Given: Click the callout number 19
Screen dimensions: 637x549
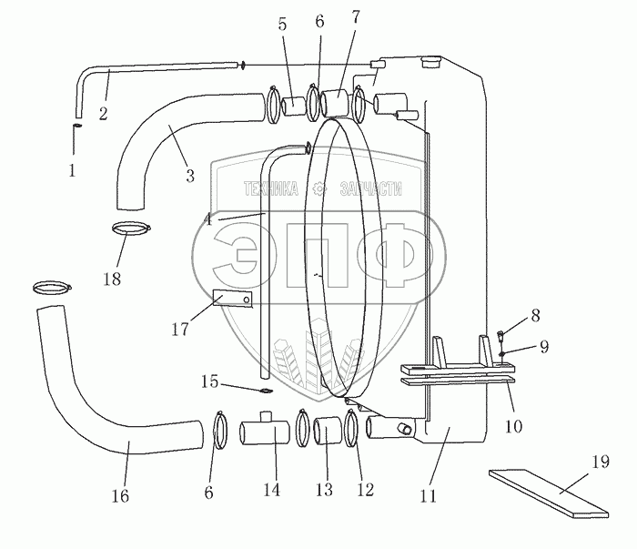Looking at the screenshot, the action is click(x=601, y=462).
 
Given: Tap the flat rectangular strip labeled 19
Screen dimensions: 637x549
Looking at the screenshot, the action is click(x=549, y=493).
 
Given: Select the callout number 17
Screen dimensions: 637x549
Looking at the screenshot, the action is click(x=180, y=329).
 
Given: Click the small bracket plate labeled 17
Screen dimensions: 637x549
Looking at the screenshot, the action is click(x=233, y=299).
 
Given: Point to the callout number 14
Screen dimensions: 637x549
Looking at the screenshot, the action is click(x=271, y=489).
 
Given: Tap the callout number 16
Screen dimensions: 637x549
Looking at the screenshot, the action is click(x=120, y=496).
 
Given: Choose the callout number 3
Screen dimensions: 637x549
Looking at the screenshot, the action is click(x=190, y=176).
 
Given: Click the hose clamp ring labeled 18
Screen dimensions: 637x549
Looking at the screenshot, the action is click(x=131, y=228).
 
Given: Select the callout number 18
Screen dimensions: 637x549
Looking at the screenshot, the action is click(x=112, y=279).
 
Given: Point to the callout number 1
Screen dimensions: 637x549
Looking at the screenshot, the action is click(x=72, y=170).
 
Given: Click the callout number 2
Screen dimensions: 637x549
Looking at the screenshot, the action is click(x=103, y=114).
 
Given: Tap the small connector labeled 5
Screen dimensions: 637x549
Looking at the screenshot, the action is click(x=294, y=107).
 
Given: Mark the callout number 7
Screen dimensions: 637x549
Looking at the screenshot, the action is click(x=356, y=17).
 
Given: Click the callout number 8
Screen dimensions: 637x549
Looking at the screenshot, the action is click(x=535, y=316).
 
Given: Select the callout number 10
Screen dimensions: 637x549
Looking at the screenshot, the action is click(x=513, y=426).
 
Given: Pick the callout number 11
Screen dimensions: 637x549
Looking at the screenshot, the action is click(x=428, y=496).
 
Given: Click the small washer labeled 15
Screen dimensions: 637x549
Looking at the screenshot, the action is click(x=267, y=391).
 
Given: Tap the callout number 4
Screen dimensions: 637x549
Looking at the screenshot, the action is click(x=208, y=220).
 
